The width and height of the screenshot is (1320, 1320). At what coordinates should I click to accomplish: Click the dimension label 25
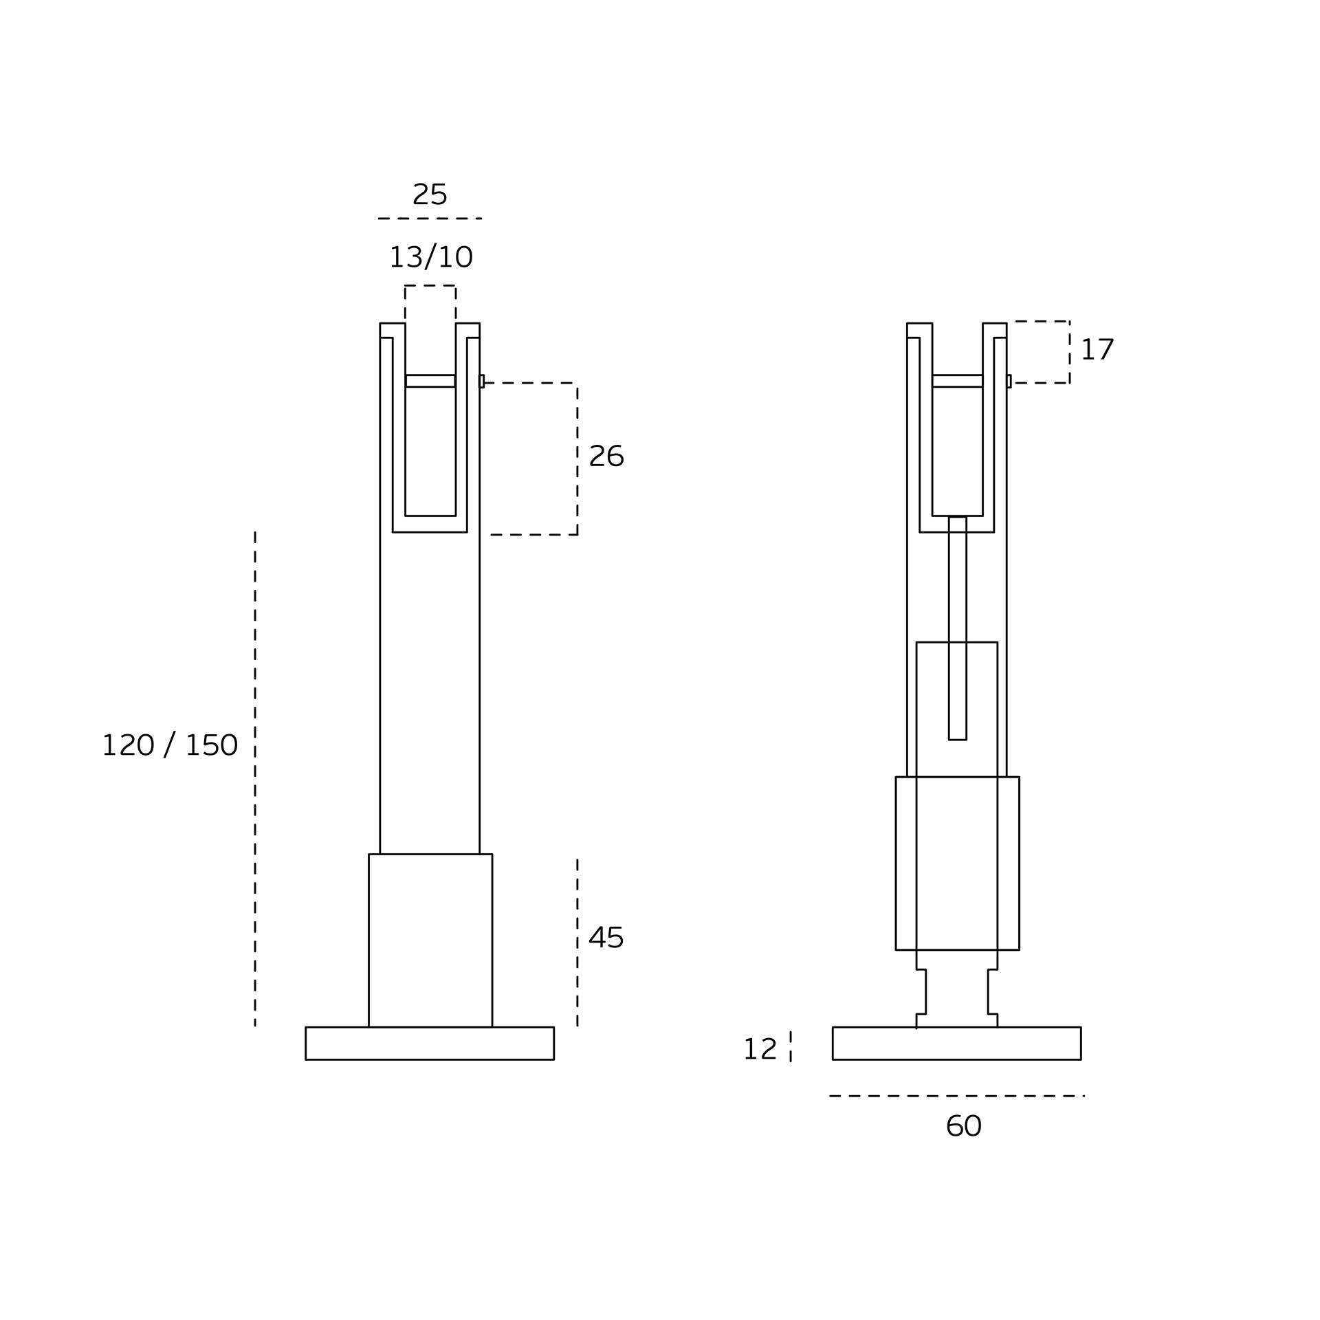pos(430,194)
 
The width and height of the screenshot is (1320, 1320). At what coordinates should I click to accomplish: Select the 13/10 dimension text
pos(431,257)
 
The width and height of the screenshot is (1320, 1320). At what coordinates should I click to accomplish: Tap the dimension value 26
pos(606,455)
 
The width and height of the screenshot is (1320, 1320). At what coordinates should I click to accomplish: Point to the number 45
pos(606,938)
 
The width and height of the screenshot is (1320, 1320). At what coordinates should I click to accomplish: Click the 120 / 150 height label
pos(170,745)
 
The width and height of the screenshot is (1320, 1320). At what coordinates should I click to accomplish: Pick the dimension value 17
pos(1097,349)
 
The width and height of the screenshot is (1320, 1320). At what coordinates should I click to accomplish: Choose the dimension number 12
pos(760,1049)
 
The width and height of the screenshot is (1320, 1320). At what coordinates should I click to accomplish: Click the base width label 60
pos(963,1126)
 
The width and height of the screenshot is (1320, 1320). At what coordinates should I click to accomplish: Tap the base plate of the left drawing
pos(430,1044)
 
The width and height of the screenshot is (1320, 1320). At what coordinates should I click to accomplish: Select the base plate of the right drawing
pos(956,1044)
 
